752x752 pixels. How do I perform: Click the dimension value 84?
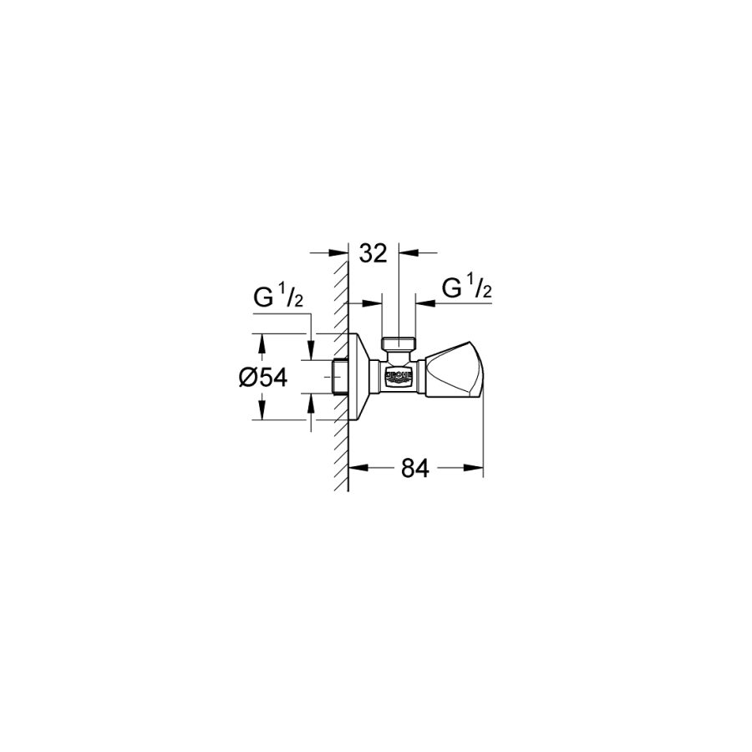(x=415, y=468)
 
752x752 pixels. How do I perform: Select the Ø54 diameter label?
(x=263, y=378)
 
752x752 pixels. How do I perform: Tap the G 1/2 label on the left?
(x=278, y=297)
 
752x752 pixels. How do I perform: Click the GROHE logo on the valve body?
(x=399, y=375)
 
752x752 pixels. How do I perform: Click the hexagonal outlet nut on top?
(x=399, y=343)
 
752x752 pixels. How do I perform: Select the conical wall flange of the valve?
(x=363, y=377)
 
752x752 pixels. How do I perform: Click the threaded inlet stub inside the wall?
(x=340, y=377)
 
